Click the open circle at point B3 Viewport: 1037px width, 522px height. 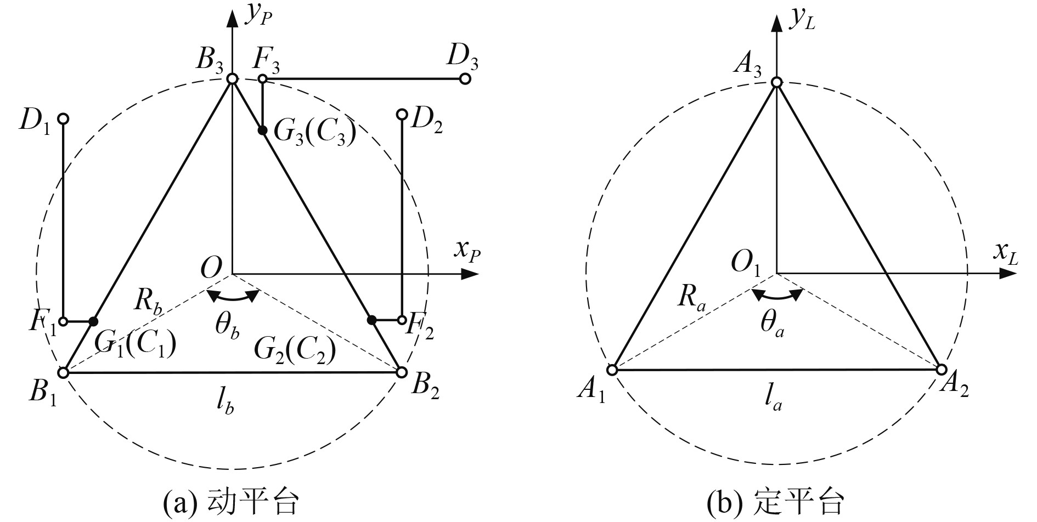pyautogui.click(x=232, y=80)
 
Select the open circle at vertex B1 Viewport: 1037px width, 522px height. pyautogui.click(x=63, y=373)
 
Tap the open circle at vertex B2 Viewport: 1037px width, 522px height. pyautogui.click(x=401, y=372)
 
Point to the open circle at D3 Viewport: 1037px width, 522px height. pyautogui.click(x=465, y=79)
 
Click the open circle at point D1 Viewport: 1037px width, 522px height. pyautogui.click(x=63, y=118)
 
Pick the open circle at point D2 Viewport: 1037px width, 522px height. pyautogui.click(x=402, y=114)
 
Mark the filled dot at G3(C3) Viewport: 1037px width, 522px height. pyautogui.click(x=262, y=130)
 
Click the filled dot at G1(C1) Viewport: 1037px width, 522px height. pyautogui.click(x=93, y=321)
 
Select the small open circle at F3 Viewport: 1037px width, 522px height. pyautogui.click(x=262, y=79)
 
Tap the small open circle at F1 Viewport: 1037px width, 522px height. pyautogui.click(x=63, y=321)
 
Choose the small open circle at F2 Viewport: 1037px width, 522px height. pyautogui.click(x=402, y=320)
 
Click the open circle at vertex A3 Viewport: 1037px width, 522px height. pyautogui.click(x=776, y=82)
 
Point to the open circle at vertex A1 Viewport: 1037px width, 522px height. pyautogui.click(x=612, y=370)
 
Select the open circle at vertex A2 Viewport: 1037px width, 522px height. pyautogui.click(x=941, y=368)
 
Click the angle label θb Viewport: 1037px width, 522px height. pyautogui.click(x=227, y=328)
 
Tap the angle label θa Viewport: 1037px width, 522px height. pyautogui.click(x=772, y=325)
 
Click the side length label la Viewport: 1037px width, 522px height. pyautogui.click(x=773, y=401)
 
